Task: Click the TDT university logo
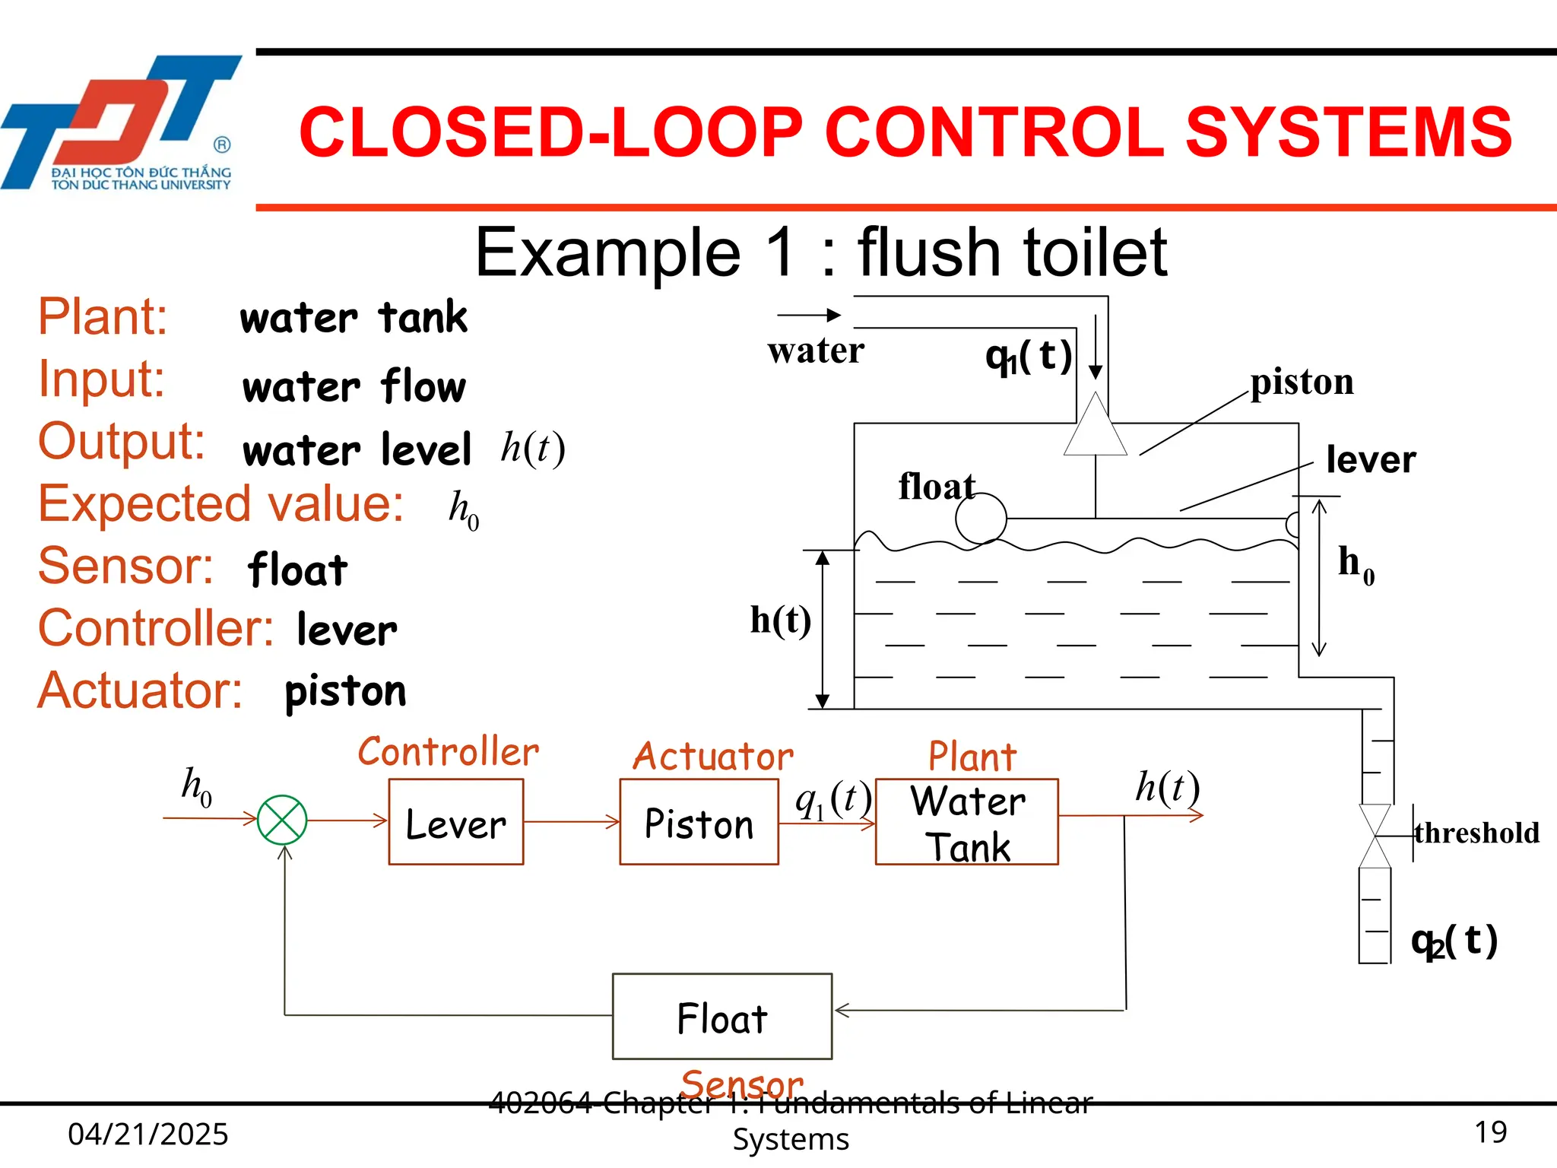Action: tap(122, 122)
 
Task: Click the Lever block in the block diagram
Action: tap(455, 822)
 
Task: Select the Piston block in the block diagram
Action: tap(699, 822)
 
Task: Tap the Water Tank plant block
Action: tap(966, 822)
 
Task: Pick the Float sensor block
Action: tap(721, 1017)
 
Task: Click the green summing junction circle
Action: tap(282, 820)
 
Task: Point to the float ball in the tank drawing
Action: tap(981, 518)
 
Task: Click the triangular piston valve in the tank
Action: tap(1095, 427)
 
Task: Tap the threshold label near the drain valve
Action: tap(1476, 833)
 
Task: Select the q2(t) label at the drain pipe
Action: tap(1454, 941)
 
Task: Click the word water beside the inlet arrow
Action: tap(816, 351)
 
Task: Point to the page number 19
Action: tap(1490, 1132)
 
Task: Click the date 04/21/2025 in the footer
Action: tap(148, 1134)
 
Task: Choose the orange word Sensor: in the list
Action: tap(126, 567)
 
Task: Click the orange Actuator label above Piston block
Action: tap(712, 757)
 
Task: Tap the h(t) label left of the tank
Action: tap(780, 620)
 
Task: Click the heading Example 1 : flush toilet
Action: tap(820, 252)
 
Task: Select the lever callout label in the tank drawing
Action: tap(1370, 460)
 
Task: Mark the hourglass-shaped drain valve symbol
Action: tap(1375, 836)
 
